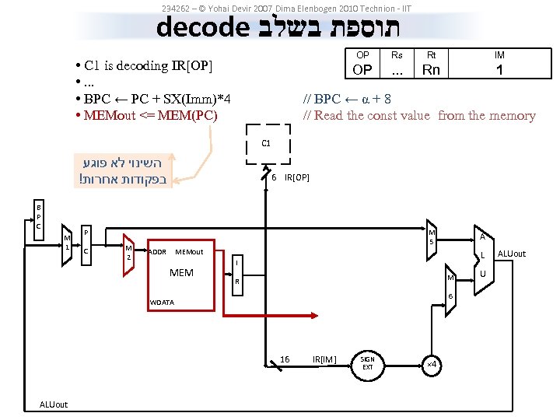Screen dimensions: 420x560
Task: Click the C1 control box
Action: pos(266,145)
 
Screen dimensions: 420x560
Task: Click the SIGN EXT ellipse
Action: pos(368,362)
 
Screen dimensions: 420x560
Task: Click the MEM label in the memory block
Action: pos(181,273)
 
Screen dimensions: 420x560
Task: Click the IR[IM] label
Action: pos(324,359)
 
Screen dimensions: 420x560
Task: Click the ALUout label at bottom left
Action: pos(54,404)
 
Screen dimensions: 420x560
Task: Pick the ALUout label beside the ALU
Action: pos(511,254)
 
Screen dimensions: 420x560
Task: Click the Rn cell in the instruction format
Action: pos(430,70)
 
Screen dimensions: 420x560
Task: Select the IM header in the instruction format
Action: pos(499,55)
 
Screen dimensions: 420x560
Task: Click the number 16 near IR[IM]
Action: pos(285,359)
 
